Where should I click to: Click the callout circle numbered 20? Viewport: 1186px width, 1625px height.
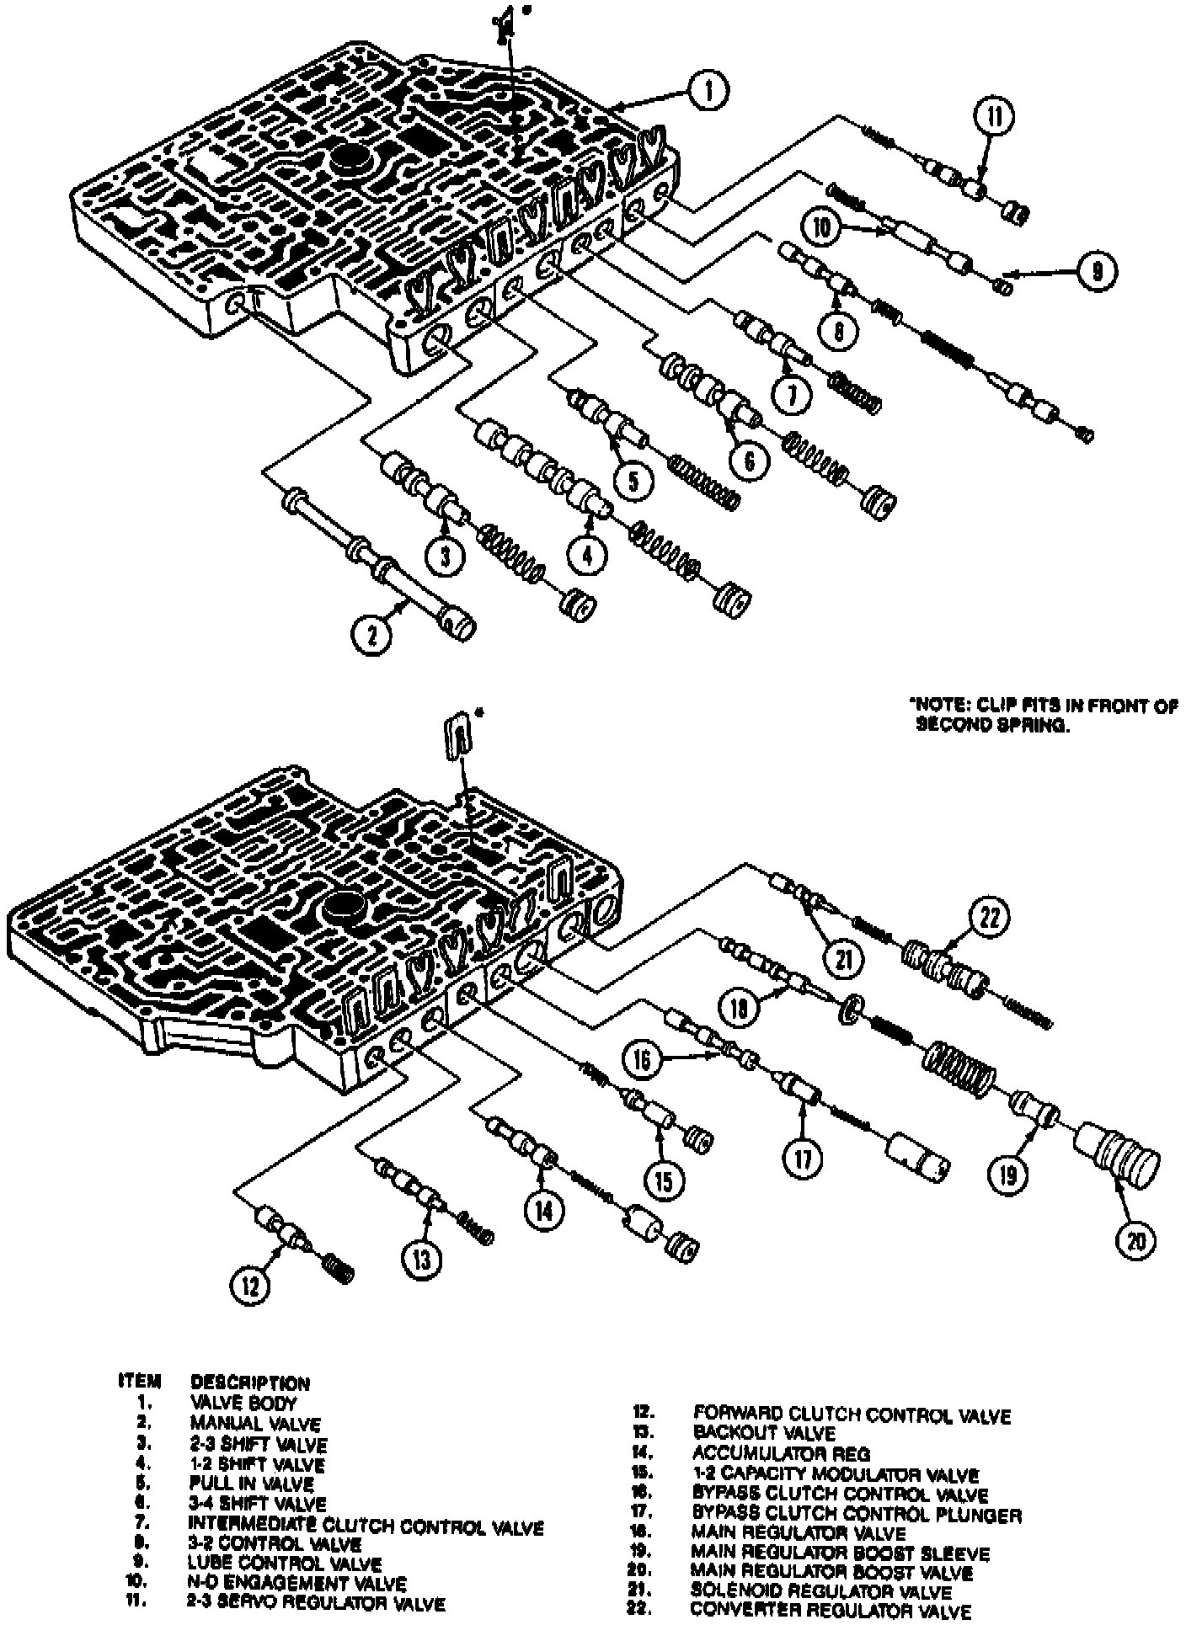(x=1136, y=1239)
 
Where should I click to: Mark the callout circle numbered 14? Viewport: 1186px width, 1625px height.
(x=543, y=1209)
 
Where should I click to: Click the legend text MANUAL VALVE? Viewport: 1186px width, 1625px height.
(x=255, y=1425)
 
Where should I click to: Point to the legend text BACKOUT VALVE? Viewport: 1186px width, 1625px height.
(x=764, y=1432)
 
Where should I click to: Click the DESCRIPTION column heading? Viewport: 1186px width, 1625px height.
(x=250, y=1383)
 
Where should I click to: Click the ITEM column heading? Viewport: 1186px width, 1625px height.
(x=139, y=1382)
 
